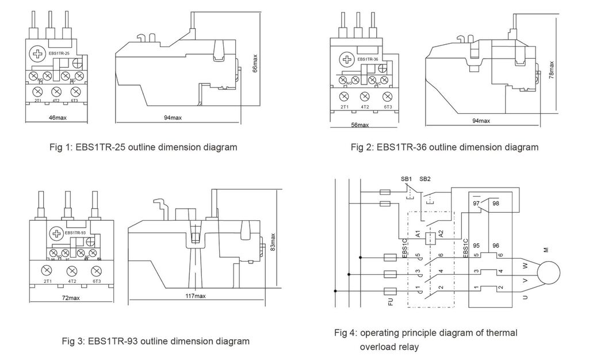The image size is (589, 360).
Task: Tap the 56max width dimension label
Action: [x=360, y=125]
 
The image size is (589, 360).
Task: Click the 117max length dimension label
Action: [x=196, y=296]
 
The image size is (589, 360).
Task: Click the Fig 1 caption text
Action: [x=144, y=147]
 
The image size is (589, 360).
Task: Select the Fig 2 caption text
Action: [x=445, y=147]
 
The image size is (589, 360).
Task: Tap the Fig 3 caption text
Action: [x=155, y=341]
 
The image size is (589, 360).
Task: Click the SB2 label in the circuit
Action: [x=425, y=179]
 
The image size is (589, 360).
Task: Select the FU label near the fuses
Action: [x=391, y=302]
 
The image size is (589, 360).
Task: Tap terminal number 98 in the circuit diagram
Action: [x=496, y=204]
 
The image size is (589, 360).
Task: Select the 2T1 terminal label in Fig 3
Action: [x=48, y=281]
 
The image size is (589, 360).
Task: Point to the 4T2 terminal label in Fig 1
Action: [x=56, y=100]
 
